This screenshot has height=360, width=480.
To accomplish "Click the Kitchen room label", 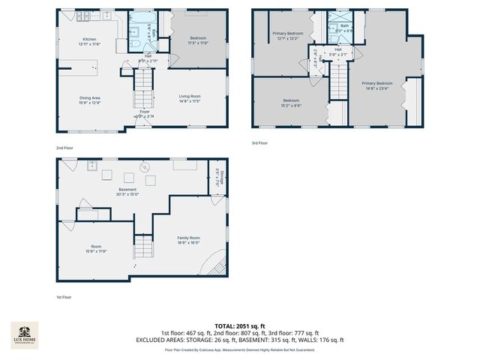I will point(89,40).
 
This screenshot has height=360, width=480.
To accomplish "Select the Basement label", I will point(127,190).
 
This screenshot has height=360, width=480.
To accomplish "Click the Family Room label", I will point(188,238).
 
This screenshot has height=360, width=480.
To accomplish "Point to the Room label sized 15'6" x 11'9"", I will point(96,246).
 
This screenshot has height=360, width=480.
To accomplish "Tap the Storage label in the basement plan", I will point(222,178).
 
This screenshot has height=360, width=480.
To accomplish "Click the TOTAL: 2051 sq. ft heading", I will point(239,325).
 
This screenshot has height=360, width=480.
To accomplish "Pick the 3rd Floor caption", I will point(259,142).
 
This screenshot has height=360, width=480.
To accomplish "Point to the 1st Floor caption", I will point(63,297).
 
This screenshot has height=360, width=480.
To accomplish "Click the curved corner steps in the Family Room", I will point(215,264).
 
